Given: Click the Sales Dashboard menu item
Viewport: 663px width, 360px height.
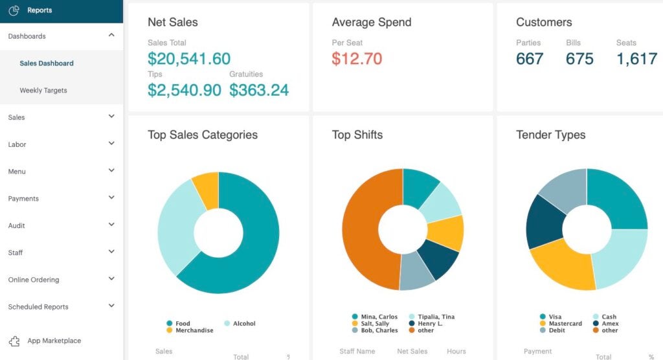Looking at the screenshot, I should click(x=47, y=63).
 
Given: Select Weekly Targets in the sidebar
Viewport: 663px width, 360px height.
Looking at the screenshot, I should click(x=43, y=91).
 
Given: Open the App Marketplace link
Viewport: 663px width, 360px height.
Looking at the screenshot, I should click(x=54, y=341).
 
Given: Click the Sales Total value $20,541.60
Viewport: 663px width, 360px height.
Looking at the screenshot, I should click(x=189, y=59).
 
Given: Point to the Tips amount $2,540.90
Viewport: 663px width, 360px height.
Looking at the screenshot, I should click(x=185, y=90).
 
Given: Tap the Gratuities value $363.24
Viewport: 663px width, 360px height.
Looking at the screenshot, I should click(x=259, y=90).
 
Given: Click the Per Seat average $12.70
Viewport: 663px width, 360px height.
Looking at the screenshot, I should click(x=357, y=59).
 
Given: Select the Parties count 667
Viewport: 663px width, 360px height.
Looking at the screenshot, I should click(x=530, y=59).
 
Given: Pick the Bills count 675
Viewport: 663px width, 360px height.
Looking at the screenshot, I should click(x=579, y=59).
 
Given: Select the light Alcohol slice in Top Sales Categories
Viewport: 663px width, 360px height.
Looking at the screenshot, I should click(x=176, y=227).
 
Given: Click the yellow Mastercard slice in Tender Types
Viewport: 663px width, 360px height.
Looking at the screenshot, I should click(x=560, y=265).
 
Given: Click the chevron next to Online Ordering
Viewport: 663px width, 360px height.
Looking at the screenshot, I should click(x=111, y=279).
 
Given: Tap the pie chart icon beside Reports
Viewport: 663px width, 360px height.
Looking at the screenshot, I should click(x=14, y=10).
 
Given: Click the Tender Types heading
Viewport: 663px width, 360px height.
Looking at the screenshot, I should click(x=550, y=135).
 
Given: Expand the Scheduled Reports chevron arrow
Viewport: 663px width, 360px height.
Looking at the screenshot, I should click(x=111, y=306).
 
